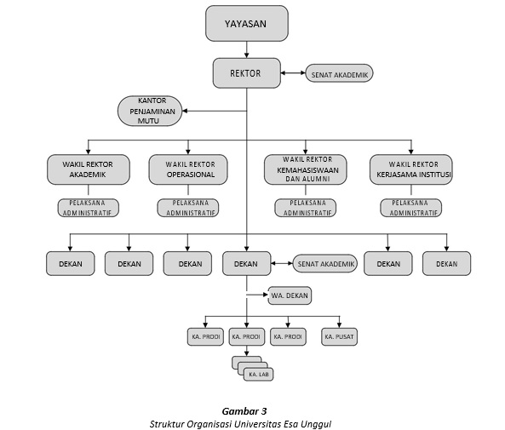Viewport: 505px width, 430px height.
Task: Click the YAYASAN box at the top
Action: coord(247,23)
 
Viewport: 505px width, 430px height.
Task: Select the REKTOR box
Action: coord(247,73)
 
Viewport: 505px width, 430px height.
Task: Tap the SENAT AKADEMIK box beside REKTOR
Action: coord(339,73)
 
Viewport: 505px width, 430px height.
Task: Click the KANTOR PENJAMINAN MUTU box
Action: coord(150,111)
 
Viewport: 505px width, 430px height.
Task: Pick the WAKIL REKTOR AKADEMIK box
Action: coord(89,169)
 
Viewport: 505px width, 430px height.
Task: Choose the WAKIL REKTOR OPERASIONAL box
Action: coord(188,169)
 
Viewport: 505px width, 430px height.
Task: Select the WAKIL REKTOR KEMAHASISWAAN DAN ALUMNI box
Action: coord(306,169)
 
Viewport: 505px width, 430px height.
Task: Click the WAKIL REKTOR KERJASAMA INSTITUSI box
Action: coord(411,169)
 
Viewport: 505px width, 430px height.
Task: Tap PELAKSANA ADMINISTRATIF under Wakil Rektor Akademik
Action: coord(89,208)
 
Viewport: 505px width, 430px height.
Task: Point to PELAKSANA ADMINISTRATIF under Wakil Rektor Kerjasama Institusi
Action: coord(411,208)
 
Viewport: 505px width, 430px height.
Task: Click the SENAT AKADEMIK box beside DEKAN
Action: coord(325,263)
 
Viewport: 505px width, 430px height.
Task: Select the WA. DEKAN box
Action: coord(290,295)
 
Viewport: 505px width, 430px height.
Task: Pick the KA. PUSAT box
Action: coord(339,336)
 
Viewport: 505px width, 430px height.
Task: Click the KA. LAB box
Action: coord(258,375)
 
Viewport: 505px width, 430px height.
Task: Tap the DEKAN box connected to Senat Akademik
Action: coord(247,263)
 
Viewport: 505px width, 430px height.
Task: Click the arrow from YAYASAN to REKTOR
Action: coord(247,49)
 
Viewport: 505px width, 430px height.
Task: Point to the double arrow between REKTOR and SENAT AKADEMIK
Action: coord(293,73)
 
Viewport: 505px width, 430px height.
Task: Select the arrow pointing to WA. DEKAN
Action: coord(257,295)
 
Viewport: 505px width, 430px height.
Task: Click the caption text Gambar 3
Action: coord(244,411)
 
